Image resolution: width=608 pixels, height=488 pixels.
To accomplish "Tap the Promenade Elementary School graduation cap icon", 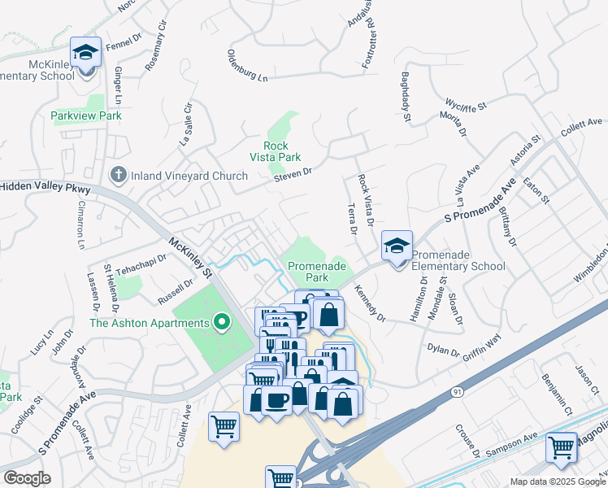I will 397,246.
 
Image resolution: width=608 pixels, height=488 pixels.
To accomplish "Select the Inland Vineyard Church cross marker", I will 118,175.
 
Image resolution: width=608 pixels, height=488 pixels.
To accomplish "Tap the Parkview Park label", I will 85,116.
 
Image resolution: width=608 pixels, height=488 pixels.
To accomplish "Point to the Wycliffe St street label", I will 465,106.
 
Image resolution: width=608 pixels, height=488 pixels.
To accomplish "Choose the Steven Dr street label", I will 293,173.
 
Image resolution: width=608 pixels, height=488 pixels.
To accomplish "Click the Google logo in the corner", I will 27,478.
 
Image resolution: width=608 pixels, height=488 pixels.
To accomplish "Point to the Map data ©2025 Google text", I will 558,481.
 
